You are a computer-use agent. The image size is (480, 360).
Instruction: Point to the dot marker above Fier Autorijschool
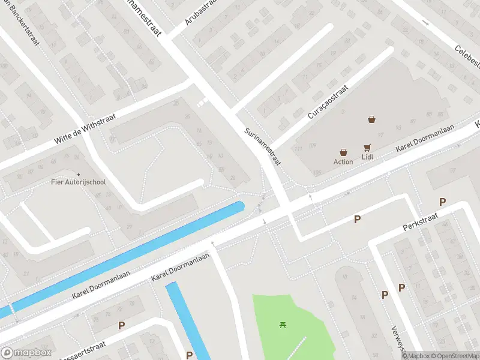pyautogui.click(x=79, y=158)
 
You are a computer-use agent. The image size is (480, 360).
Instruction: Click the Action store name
pyautogui.click(x=343, y=161)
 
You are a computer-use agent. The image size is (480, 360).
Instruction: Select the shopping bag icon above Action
pyautogui.click(x=343, y=152)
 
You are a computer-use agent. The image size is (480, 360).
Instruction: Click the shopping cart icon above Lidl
pyautogui.click(x=367, y=147)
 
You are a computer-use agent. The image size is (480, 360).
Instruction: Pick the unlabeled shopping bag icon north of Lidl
pyautogui.click(x=372, y=119)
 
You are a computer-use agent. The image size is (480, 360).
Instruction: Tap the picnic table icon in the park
pyautogui.click(x=283, y=325)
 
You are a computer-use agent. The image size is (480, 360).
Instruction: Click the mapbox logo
pyautogui.click(x=26, y=353)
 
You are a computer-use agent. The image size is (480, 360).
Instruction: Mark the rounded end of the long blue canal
pyautogui.click(x=241, y=206)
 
